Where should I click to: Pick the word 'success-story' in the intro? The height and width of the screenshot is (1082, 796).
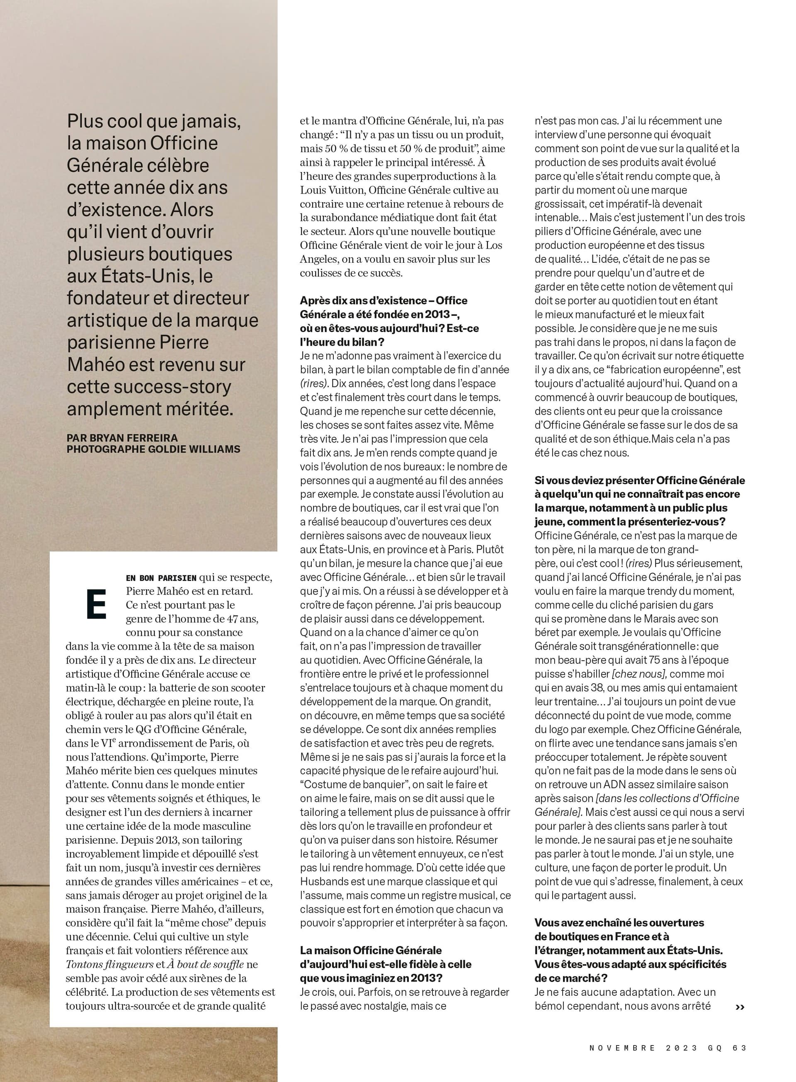click(x=149, y=387)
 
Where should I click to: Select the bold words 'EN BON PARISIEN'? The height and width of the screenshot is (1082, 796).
click(x=161, y=578)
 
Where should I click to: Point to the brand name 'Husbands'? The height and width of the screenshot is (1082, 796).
click(x=321, y=882)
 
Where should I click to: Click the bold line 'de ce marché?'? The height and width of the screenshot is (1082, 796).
click(x=571, y=978)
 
